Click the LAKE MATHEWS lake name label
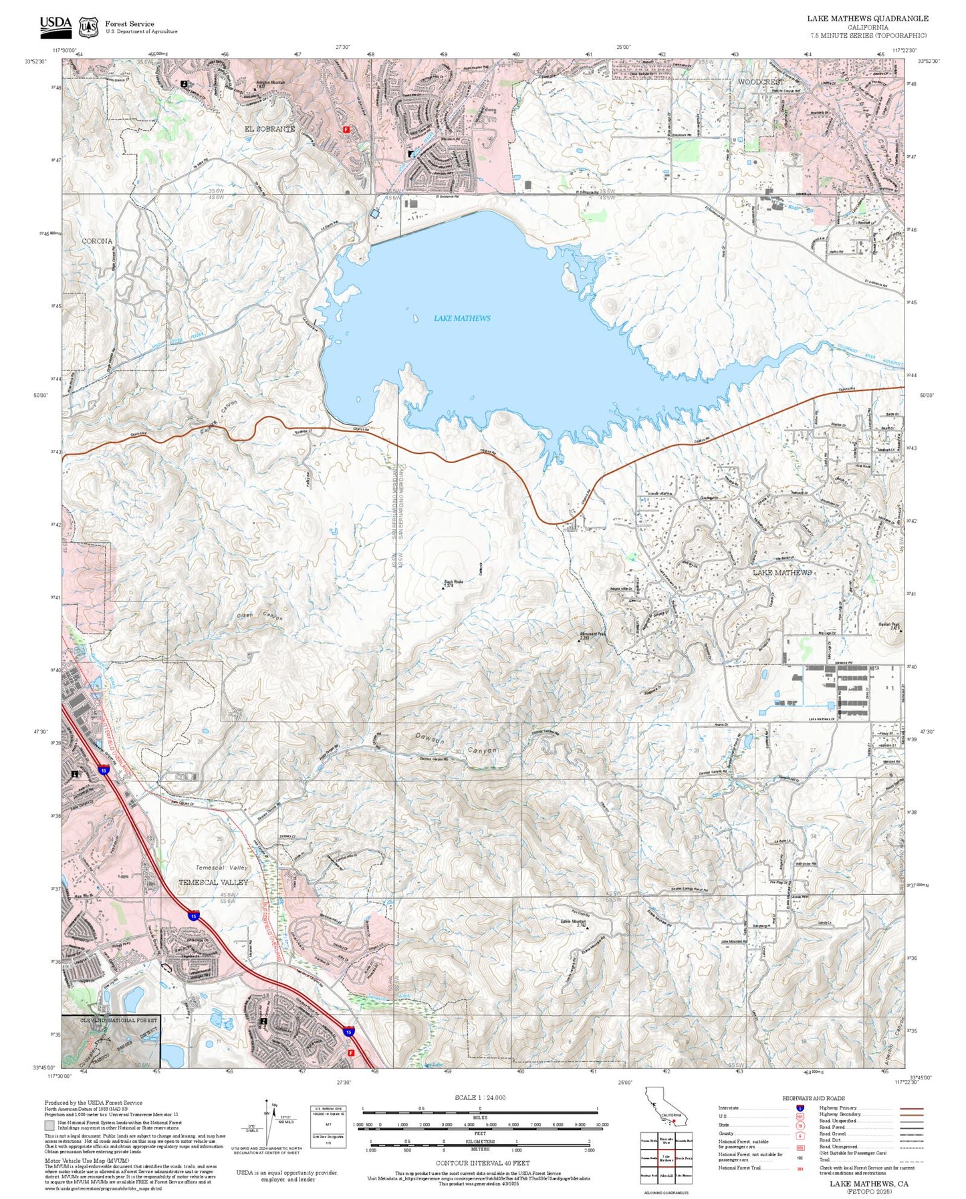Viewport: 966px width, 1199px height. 462,318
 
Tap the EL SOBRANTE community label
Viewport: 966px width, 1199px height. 269,128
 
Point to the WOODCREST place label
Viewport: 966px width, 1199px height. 761,82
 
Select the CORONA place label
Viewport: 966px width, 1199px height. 97,241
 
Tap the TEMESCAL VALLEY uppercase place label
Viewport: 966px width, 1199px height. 213,882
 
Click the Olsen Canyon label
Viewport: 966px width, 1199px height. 260,616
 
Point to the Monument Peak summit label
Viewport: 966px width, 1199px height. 592,634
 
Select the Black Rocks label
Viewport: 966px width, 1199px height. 454,581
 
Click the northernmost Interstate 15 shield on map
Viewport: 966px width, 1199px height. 104,771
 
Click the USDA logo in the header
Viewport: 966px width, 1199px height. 55,25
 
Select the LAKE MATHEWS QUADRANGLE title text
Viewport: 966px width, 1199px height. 867,18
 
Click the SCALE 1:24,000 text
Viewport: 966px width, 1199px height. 479,1098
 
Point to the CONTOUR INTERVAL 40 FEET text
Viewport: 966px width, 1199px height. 482,1164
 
